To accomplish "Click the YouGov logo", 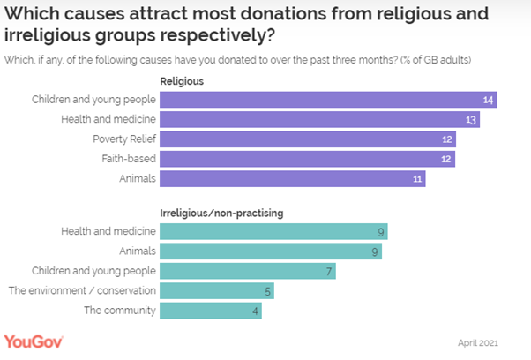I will click(x=34, y=341).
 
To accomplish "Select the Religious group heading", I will click(x=182, y=80).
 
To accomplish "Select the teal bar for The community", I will click(x=211, y=311).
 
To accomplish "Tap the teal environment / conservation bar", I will click(x=217, y=290).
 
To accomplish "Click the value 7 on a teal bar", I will click(x=328, y=271).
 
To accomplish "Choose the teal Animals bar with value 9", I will click(x=271, y=251).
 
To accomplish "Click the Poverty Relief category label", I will click(x=123, y=139).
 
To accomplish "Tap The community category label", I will click(x=120, y=311).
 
